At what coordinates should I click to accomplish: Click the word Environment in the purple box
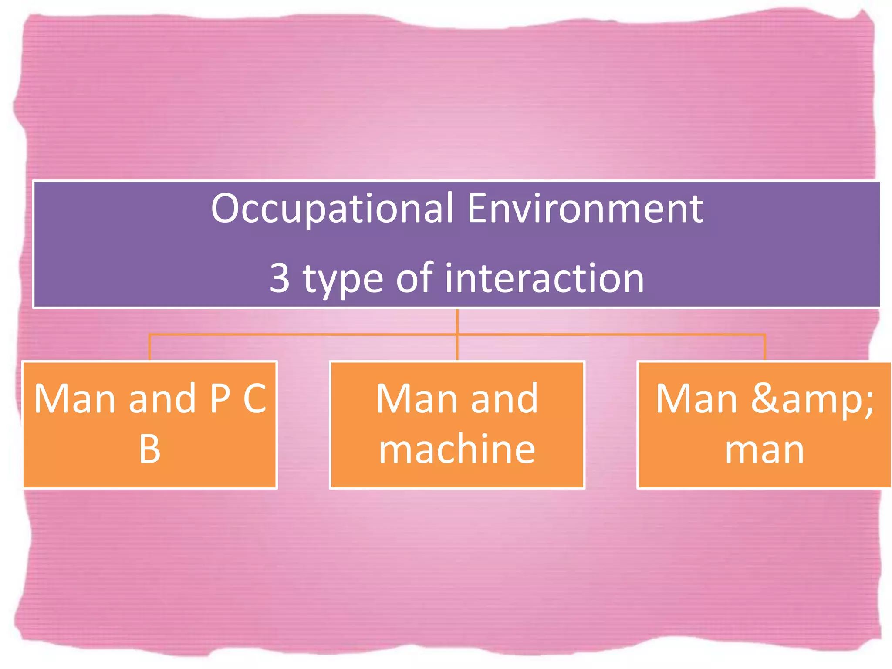585,209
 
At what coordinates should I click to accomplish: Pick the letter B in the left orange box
149,449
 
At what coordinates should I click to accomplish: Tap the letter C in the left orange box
255,398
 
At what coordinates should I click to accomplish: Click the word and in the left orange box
162,398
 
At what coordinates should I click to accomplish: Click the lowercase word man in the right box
764,450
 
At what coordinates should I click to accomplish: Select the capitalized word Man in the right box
696,398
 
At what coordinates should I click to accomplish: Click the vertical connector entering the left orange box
149,348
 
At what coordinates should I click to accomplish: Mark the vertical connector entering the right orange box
764,348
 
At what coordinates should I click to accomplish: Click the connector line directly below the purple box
457,321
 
